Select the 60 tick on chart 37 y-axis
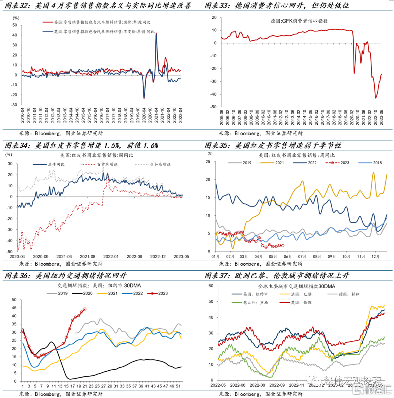coord(210,286)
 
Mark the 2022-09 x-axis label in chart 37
coord(270,385)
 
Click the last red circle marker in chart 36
coord(85,309)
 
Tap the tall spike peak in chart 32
coord(156,33)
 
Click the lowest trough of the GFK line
coord(376,98)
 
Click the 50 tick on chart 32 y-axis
coord(15,25)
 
